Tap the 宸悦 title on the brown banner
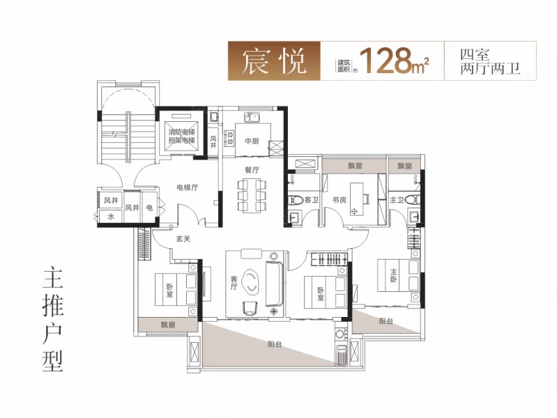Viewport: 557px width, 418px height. [274, 61]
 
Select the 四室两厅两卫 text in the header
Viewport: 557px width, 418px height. [490, 61]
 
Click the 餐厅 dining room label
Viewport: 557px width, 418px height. [252, 170]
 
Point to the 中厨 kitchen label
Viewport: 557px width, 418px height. [252, 141]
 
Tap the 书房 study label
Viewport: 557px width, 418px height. [339, 200]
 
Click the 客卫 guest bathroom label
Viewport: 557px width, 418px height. [312, 200]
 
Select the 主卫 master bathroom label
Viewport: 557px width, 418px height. [397, 201]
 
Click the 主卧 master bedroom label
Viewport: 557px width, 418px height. [394, 276]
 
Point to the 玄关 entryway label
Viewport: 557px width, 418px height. [183, 239]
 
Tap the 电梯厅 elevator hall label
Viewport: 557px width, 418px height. [188, 187]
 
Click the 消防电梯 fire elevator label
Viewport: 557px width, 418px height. [181, 132]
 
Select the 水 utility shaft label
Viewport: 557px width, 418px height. [111, 216]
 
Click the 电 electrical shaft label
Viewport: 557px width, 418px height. [150, 207]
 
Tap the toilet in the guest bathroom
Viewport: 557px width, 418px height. [295, 200]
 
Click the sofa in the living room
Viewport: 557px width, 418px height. [274, 284]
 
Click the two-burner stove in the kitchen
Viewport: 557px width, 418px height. [230, 138]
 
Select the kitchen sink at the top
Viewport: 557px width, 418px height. [252, 117]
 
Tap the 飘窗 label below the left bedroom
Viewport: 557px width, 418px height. [168, 325]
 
